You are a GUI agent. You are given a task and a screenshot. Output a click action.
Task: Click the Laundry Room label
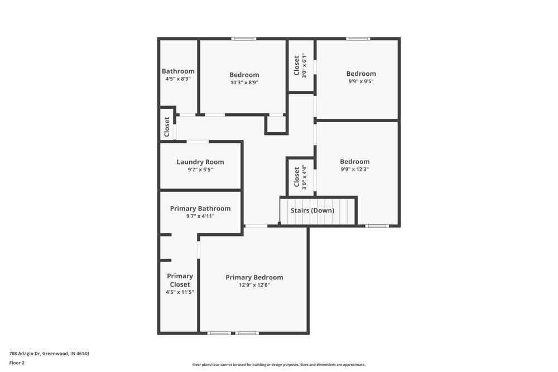(200, 162)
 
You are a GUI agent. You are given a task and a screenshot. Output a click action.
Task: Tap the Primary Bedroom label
(254, 277)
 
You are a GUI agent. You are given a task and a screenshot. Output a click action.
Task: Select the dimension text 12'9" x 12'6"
(254, 285)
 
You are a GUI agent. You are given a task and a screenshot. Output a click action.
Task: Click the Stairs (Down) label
(312, 210)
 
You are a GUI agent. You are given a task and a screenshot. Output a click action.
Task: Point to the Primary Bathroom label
(200, 209)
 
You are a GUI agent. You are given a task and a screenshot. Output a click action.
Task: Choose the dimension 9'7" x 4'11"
(200, 216)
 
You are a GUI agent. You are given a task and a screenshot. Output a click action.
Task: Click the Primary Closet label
(180, 280)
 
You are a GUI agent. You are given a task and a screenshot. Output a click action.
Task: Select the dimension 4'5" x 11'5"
(180, 292)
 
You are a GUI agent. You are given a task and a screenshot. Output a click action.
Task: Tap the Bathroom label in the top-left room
(178, 71)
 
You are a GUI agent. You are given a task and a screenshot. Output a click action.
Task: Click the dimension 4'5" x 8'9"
(178, 79)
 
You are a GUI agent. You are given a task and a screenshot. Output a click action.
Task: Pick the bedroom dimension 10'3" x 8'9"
(244, 82)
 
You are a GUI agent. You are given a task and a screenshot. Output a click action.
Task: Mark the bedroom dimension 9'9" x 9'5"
(360, 81)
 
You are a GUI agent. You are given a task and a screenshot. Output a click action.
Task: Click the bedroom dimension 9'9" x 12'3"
(354, 169)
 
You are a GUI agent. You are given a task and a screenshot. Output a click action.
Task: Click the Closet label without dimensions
(167, 127)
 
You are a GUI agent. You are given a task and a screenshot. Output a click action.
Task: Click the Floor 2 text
(17, 363)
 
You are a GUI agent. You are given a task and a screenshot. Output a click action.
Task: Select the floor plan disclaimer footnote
(279, 364)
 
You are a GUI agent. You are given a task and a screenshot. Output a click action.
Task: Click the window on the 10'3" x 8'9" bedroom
(244, 38)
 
